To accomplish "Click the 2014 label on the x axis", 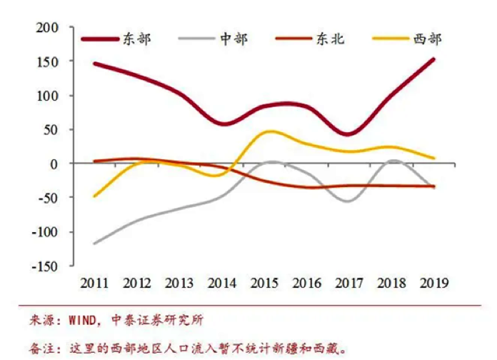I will tap(222, 283).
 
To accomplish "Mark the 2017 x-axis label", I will tap(348, 283).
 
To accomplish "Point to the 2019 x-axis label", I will tap(433, 283).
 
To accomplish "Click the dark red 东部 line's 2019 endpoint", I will tap(433, 59).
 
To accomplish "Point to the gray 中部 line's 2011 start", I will tap(94, 244).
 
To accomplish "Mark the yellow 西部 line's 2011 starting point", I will tap(94, 196).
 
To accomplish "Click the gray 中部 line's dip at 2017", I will tap(348, 201).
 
